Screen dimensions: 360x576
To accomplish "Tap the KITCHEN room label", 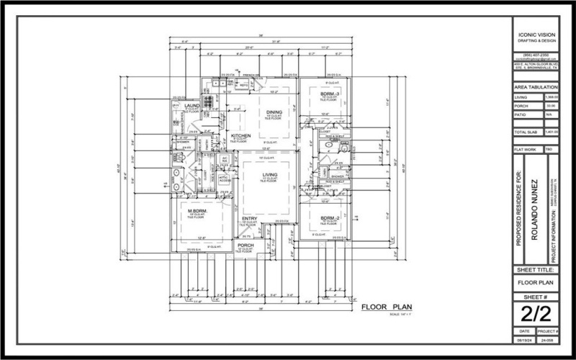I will [x=240, y=135].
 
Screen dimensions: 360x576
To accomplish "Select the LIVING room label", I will [x=270, y=175].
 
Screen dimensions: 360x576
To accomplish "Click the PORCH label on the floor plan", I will [x=246, y=246].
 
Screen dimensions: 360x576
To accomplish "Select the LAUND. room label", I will [x=191, y=105].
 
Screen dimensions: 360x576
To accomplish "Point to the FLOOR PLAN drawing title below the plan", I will [x=385, y=307].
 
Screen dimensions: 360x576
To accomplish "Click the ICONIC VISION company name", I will [x=536, y=34].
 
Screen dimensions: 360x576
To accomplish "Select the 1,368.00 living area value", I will [x=552, y=97].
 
